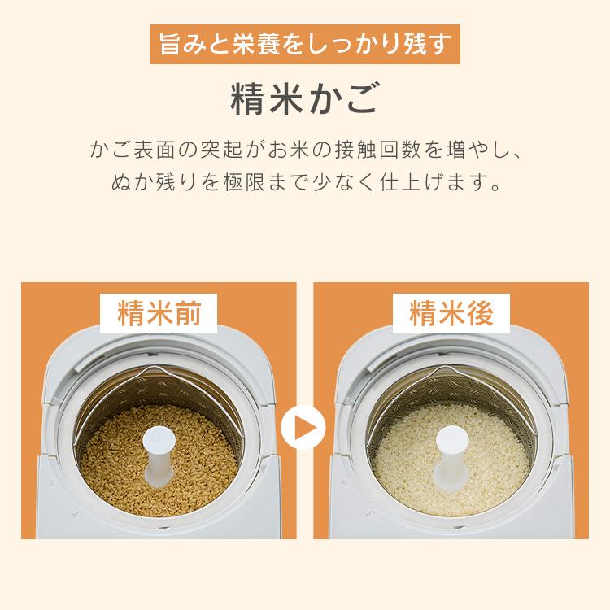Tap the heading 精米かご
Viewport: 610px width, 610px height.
click(x=304, y=97)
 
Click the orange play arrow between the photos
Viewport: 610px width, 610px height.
click(x=304, y=426)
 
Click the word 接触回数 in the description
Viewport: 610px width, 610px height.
click(x=389, y=151)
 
